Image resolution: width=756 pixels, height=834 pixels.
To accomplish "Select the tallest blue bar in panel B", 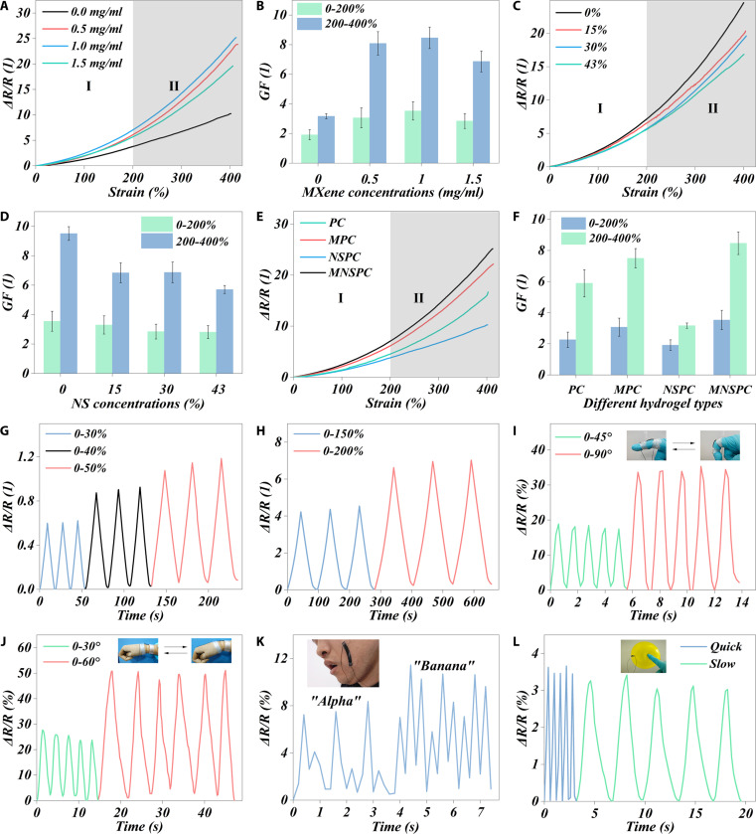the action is click(429, 100).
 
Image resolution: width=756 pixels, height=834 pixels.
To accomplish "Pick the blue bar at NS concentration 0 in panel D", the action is click(69, 303).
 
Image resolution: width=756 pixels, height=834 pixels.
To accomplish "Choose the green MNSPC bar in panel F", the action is click(738, 308).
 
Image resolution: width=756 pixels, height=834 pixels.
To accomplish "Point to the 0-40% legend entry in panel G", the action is click(76, 451).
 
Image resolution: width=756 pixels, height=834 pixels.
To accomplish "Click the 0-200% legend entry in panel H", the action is click(329, 451).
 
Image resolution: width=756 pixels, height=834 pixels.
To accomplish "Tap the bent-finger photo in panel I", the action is click(720, 445).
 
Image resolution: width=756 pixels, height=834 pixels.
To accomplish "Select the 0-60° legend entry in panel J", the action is click(72, 662).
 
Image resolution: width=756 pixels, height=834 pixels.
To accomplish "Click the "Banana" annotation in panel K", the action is click(444, 666).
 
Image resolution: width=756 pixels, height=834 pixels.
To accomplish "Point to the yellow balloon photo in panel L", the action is click(644, 656).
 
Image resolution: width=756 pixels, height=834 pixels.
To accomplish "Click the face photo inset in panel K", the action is click(343, 663).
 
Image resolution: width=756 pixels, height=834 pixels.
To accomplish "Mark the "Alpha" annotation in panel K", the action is click(336, 702).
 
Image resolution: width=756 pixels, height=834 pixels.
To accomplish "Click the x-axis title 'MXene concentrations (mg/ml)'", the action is click(392, 192).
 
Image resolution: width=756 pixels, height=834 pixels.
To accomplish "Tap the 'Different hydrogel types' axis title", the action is click(653, 404).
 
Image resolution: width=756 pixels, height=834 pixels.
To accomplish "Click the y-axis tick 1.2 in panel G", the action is click(25, 456).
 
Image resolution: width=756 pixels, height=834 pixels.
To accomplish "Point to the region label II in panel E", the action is click(419, 298).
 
